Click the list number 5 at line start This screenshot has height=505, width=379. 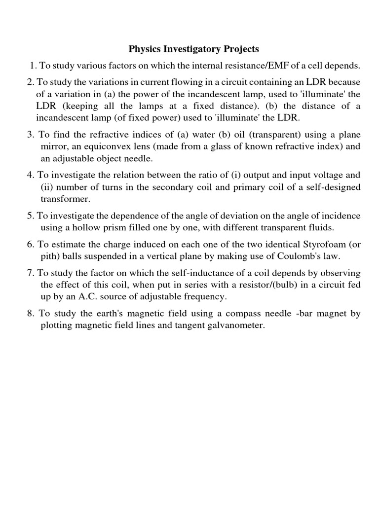coord(30,216)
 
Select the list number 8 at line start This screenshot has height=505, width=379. coord(30,314)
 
